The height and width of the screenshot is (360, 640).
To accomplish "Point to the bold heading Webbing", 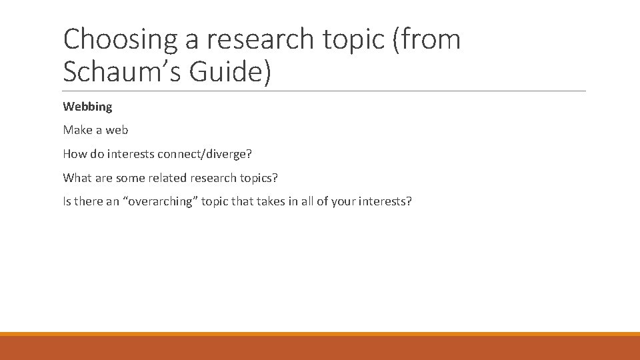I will [87, 107].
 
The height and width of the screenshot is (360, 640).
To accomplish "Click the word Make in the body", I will [77, 130].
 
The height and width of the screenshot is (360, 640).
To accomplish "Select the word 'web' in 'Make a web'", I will [117, 130].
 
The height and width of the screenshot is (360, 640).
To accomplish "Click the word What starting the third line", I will [77, 178].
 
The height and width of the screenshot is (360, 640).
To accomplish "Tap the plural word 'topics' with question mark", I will [259, 178].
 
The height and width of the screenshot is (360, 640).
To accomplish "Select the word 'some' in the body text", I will [130, 178].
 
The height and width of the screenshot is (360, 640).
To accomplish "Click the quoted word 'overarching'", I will [159, 201].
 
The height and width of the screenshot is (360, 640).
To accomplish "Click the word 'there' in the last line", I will [88, 201].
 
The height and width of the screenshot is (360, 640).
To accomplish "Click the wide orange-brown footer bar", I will [320, 347].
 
